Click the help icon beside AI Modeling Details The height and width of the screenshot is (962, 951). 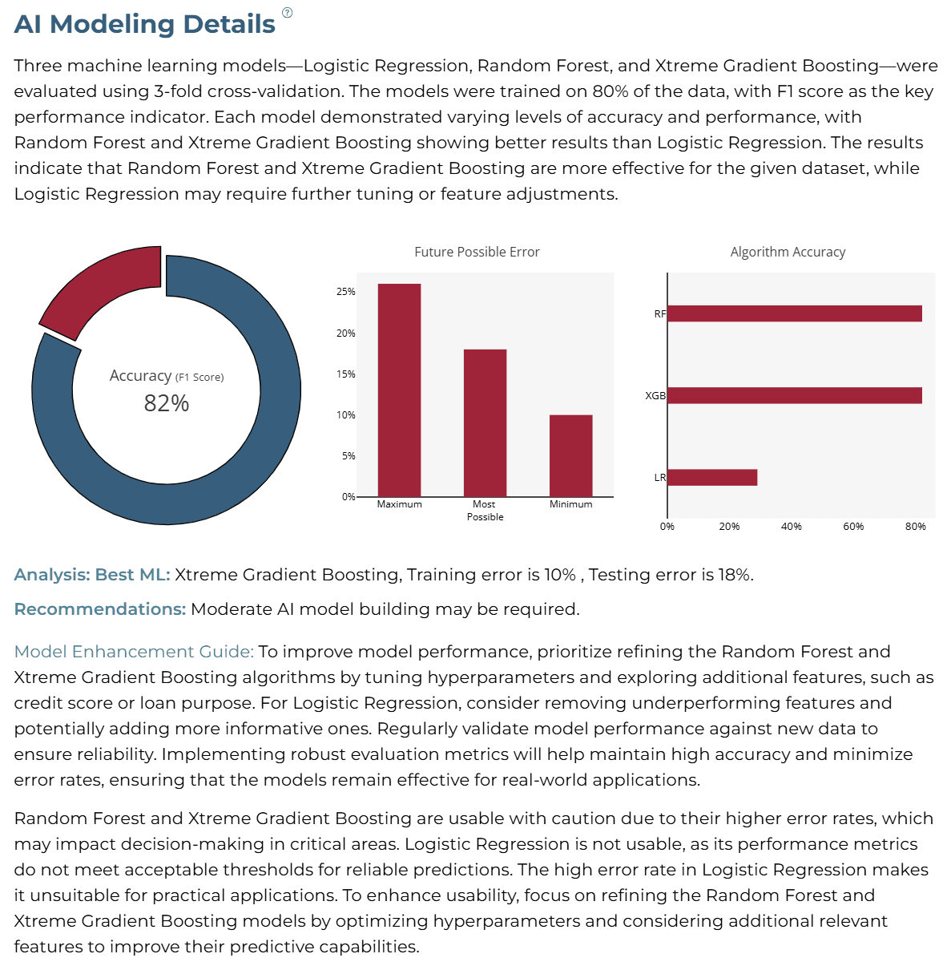pos(287,13)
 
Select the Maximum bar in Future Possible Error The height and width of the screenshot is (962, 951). pos(399,390)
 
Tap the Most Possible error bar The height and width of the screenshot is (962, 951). pos(485,422)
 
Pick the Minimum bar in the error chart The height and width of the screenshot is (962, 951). pos(570,456)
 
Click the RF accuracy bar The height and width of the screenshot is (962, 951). pos(794,313)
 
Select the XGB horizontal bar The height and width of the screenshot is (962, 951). pos(794,395)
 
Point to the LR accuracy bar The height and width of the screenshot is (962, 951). pos(712,477)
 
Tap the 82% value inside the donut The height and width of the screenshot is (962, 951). pos(166,403)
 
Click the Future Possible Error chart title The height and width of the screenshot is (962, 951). pos(477,252)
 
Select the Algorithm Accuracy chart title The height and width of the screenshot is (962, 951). pos(788,252)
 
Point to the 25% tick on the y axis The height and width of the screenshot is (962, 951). pos(345,292)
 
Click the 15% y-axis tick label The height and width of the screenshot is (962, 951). pos(345,374)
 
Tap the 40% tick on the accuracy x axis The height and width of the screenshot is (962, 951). pos(791,526)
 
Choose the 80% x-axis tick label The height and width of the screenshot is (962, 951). pos(915,526)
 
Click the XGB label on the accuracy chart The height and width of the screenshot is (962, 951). pos(655,395)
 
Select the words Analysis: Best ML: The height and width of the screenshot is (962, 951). pos(92,575)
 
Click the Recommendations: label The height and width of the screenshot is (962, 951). pos(100,609)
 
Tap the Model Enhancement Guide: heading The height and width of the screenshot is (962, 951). pos(134,652)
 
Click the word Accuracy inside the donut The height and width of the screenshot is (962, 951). pos(140,375)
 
